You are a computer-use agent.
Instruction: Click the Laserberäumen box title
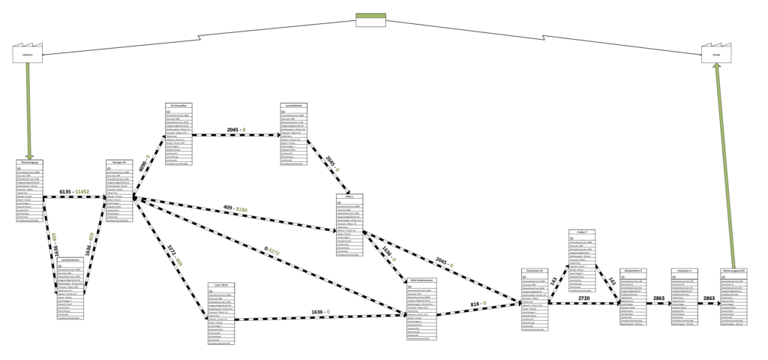point(72,260)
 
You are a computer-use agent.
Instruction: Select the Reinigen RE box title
point(119,161)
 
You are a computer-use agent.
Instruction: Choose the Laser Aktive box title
point(223,286)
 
